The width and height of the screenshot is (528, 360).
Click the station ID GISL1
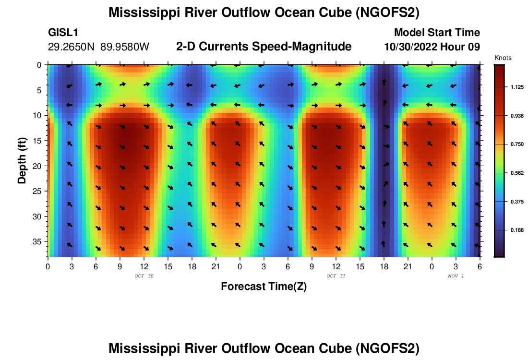click(x=63, y=33)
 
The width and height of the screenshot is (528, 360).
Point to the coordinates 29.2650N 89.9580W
click(x=99, y=47)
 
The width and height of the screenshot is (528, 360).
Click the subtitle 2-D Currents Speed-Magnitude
click(x=264, y=47)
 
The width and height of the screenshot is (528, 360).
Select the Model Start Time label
click(x=436, y=33)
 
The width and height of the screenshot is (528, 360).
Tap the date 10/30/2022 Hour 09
click(x=432, y=47)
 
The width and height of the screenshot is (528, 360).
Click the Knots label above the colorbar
click(x=503, y=58)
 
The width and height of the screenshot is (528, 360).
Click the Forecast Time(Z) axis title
click(x=264, y=287)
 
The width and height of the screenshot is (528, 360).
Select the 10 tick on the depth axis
click(x=40, y=115)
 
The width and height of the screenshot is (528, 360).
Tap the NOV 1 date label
click(x=456, y=276)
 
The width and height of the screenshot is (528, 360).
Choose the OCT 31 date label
click(x=335, y=276)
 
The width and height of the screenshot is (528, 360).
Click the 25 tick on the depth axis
click(x=40, y=191)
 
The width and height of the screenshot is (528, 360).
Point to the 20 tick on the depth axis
click(x=40, y=166)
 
